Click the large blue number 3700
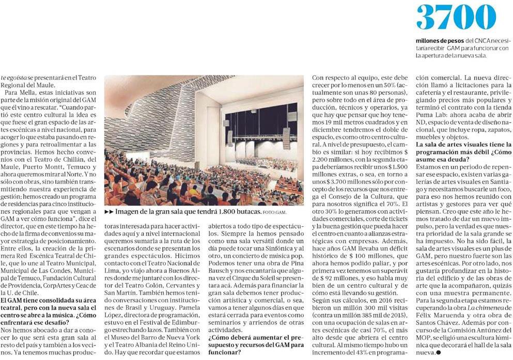click(x=456, y=18)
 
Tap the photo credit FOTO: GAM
click(x=274, y=212)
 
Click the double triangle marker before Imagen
click(x=109, y=212)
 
